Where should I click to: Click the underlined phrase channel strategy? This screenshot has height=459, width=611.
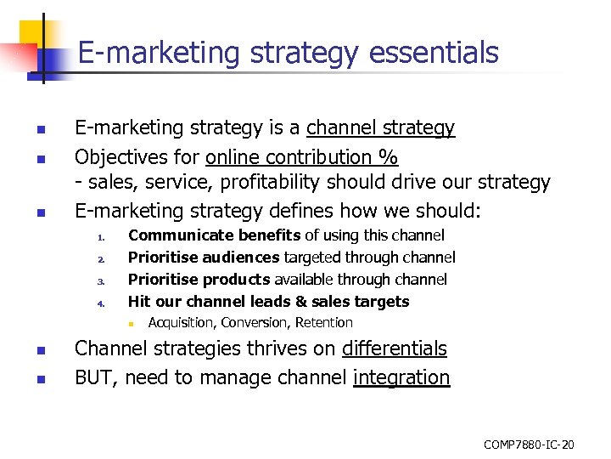[x=380, y=128]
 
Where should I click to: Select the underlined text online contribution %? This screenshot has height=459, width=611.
[x=302, y=157]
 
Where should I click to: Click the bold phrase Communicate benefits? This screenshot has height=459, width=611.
[x=214, y=235]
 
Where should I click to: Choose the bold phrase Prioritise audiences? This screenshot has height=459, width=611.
[x=203, y=258]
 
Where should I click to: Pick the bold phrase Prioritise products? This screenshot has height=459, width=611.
[x=199, y=280]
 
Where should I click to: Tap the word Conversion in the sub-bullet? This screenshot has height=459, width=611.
[x=257, y=323]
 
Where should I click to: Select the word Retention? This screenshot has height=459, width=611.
[x=324, y=323]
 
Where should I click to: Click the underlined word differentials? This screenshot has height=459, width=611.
[x=395, y=348]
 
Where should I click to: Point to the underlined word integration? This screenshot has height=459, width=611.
[x=401, y=377]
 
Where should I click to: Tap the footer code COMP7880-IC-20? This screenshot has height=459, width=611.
[x=529, y=445]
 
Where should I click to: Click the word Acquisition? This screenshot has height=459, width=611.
[x=181, y=323]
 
